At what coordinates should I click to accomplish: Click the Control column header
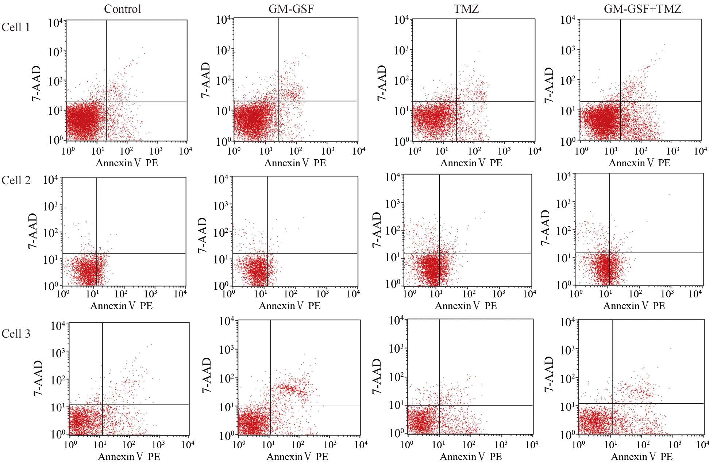(122, 9)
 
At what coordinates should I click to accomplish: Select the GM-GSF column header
(291, 9)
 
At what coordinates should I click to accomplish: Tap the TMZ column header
(467, 9)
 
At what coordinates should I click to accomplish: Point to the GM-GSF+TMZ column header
(643, 9)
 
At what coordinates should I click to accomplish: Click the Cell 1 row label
(15, 27)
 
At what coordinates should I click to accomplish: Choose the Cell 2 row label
(16, 180)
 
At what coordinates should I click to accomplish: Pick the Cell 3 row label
(16, 334)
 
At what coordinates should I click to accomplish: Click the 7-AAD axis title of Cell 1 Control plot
(36, 83)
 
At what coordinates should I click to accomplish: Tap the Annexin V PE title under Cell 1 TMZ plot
(471, 163)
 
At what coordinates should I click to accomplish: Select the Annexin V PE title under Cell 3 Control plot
(129, 456)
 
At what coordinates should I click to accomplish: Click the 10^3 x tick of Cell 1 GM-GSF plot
(328, 151)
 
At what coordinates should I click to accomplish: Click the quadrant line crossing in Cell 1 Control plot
(107, 102)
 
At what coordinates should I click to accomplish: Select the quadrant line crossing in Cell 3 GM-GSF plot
(270, 405)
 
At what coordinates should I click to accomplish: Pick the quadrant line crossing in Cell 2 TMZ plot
(439, 254)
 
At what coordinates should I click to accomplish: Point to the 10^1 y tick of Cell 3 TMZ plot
(396, 405)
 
